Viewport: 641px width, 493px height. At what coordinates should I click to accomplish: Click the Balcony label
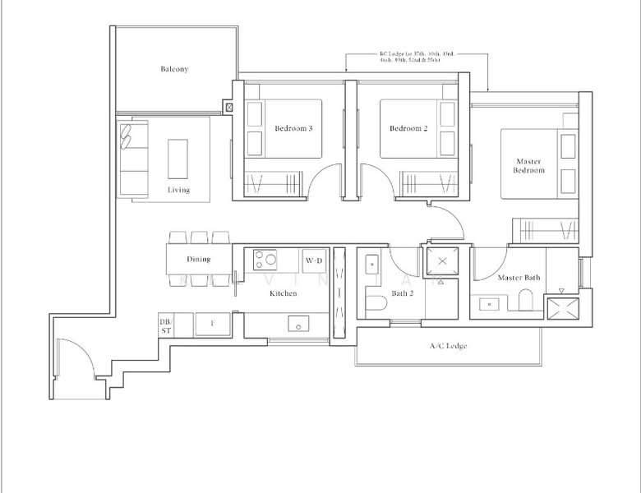tap(174, 69)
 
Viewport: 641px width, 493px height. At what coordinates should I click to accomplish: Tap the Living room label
tap(178, 190)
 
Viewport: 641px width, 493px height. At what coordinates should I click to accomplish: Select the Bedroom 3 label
tap(293, 128)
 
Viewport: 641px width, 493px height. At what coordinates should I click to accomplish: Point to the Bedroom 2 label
tap(408, 128)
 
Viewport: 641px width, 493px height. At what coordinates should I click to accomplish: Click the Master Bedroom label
tap(529, 166)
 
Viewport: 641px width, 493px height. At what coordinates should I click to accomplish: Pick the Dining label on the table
tap(198, 259)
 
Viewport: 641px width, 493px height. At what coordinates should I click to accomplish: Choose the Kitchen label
tap(283, 293)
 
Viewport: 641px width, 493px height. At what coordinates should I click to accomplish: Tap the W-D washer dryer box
tap(314, 260)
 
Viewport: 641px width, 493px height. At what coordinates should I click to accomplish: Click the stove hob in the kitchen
tap(265, 260)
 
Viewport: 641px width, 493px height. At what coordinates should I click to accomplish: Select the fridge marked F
tap(213, 324)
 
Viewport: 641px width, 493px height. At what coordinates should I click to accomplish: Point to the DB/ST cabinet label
tap(165, 325)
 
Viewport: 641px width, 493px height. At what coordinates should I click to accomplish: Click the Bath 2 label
tap(402, 293)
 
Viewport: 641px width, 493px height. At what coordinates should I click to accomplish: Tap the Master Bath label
tap(519, 278)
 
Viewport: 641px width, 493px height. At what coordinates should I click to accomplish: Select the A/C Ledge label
tap(448, 346)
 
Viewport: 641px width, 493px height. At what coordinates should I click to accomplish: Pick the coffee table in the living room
tap(178, 159)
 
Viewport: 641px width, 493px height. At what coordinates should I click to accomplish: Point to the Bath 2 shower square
tap(443, 261)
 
